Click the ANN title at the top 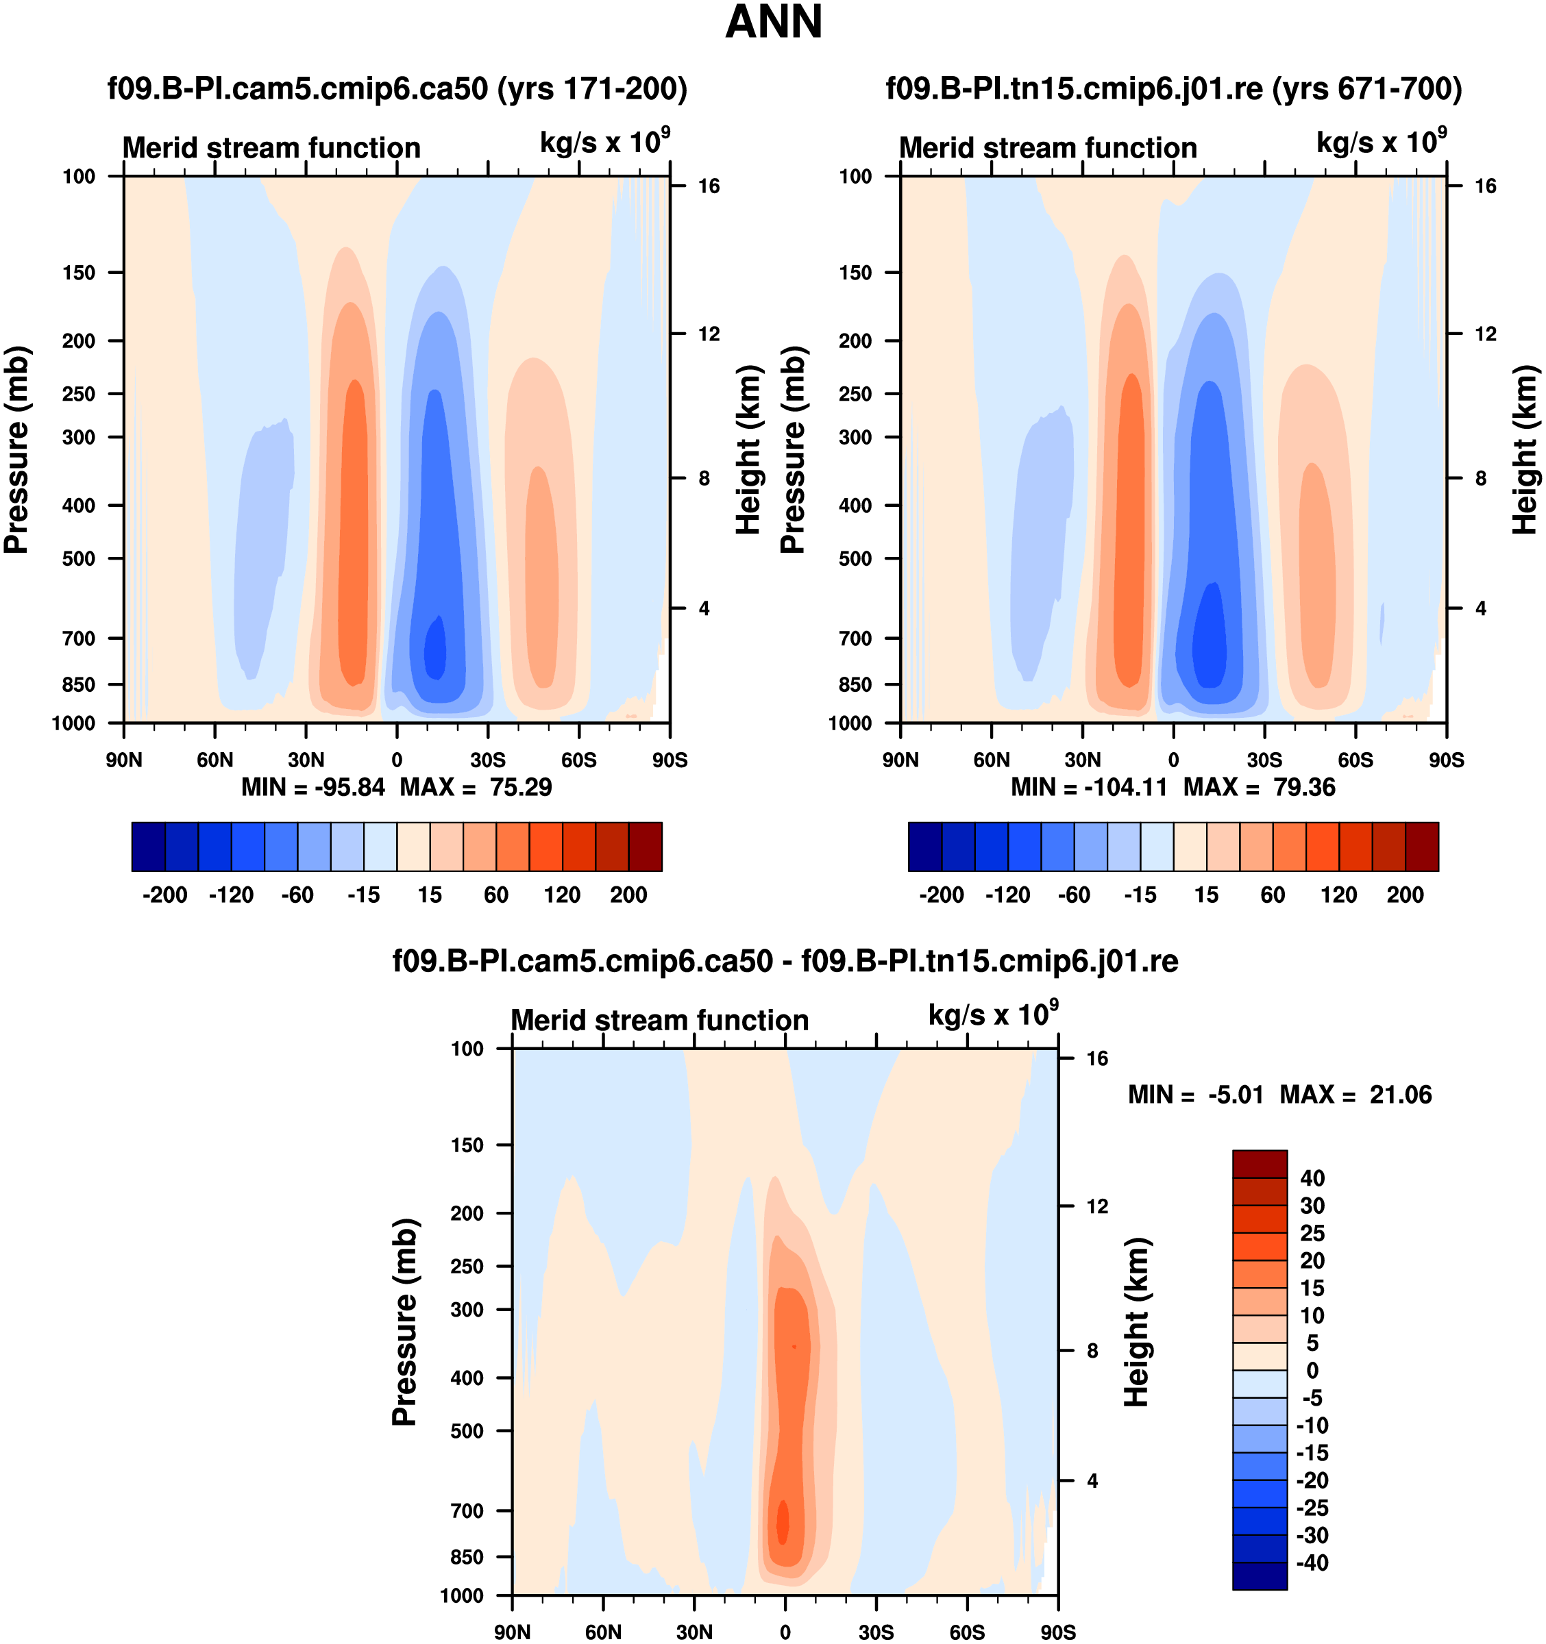pyautogui.click(x=774, y=23)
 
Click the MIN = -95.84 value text pyautogui.click(x=313, y=787)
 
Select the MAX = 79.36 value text pyautogui.click(x=1259, y=787)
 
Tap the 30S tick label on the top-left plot pyautogui.click(x=487, y=760)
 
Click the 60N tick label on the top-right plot pyautogui.click(x=991, y=760)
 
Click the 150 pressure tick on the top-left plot pyautogui.click(x=79, y=273)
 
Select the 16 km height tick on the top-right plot pyautogui.click(x=1486, y=186)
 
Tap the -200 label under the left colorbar pyautogui.click(x=164, y=895)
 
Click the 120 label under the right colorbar pyautogui.click(x=1338, y=895)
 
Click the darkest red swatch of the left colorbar pyautogui.click(x=646, y=847)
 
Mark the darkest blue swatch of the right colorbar pyautogui.click(x=924, y=847)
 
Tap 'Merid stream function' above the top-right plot pyautogui.click(x=1048, y=148)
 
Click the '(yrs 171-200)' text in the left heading pyautogui.click(x=592, y=88)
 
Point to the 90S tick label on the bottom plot pyautogui.click(x=1058, y=1632)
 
